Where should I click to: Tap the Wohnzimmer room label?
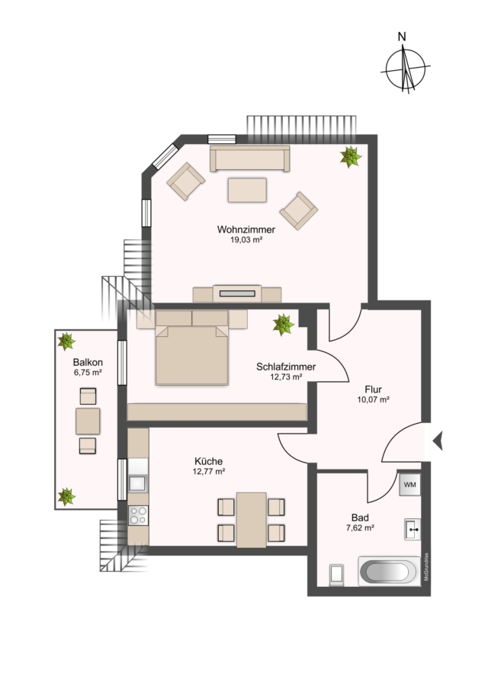246,229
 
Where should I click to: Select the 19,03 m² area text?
246,240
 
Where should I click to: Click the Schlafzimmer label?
286,367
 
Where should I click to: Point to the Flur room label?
374,386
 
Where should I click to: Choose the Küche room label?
208,461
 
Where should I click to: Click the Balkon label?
88,362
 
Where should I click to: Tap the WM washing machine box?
410,484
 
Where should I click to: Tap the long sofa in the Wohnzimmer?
250,159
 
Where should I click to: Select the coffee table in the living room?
247,190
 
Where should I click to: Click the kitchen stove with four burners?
139,518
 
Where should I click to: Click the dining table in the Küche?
251,520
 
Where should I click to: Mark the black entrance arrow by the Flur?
438,440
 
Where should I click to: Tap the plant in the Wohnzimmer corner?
351,157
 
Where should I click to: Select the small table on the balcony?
88,420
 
